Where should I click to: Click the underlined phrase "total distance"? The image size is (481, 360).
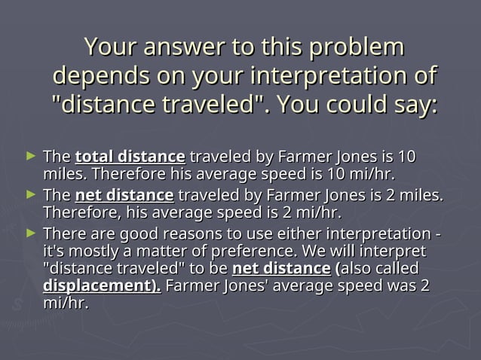coord(130,157)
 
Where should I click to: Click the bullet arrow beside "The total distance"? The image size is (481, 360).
coord(30,156)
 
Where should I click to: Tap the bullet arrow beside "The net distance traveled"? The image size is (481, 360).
coord(30,194)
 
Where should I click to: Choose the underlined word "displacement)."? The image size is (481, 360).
coord(102,287)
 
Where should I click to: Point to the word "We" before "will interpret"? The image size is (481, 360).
coord(324,251)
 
